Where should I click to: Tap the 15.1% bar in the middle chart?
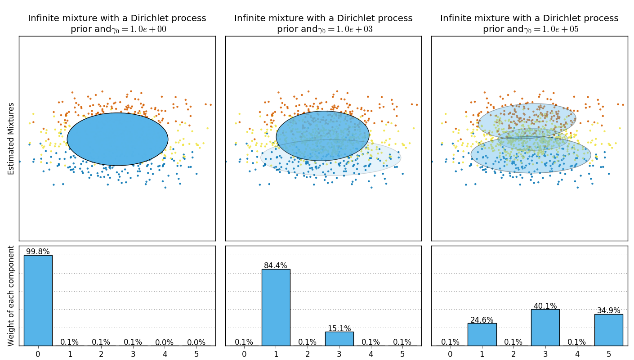(339, 338)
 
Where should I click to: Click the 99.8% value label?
(38, 252)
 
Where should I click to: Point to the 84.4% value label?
(276, 265)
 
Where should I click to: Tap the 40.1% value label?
(545, 306)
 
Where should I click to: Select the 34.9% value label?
(608, 310)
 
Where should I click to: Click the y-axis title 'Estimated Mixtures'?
(11, 139)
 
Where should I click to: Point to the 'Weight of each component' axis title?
(11, 296)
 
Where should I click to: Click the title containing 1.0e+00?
(117, 24)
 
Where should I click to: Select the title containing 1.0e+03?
(323, 24)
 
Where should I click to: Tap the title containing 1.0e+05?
(529, 24)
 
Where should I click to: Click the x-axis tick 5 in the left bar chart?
(196, 354)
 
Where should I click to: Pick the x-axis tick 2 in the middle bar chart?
(308, 354)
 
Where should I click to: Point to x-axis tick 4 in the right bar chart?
(577, 354)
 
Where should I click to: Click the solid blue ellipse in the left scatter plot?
(117, 139)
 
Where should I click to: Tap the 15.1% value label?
(339, 328)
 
